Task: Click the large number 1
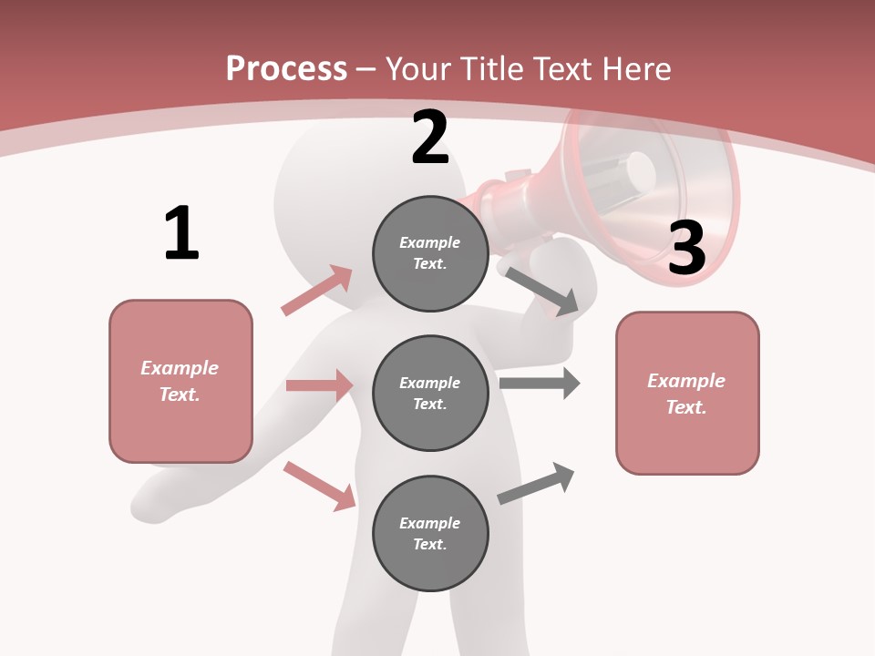(181, 233)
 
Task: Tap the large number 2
(430, 138)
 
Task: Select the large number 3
(686, 248)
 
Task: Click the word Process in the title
(286, 68)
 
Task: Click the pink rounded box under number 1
(180, 381)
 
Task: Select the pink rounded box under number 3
(687, 394)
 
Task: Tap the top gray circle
(430, 253)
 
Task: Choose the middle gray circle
(430, 393)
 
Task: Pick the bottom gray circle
(430, 533)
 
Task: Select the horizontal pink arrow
(320, 385)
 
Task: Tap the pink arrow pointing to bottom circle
(320, 486)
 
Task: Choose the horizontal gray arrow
(540, 384)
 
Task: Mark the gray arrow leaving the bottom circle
(536, 484)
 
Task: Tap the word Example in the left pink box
(180, 368)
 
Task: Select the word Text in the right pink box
(685, 407)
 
